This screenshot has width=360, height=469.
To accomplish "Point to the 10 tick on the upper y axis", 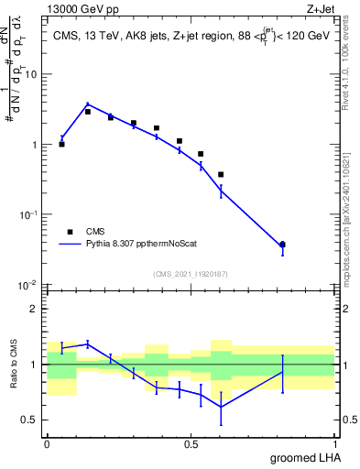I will (31, 74).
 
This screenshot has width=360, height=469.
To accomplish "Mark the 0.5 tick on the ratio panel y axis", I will (31, 420).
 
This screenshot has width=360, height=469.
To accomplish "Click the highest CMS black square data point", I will (88, 112).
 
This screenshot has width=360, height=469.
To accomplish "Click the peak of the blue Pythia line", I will (88, 104).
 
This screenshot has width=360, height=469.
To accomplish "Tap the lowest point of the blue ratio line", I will (221, 407).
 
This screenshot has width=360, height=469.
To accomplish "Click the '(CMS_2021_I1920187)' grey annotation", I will (190, 273).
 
